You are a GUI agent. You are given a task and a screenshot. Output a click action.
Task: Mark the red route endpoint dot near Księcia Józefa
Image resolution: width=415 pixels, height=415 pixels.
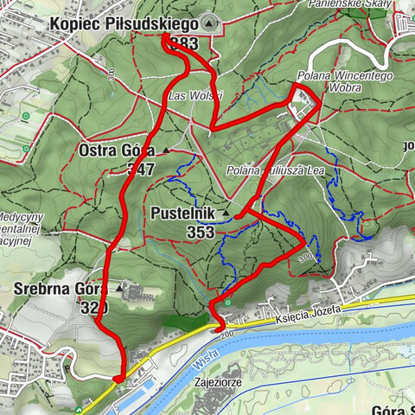(x=215, y=327)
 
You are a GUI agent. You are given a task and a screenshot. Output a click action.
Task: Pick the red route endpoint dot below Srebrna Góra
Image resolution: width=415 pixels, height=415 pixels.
(x=118, y=378)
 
